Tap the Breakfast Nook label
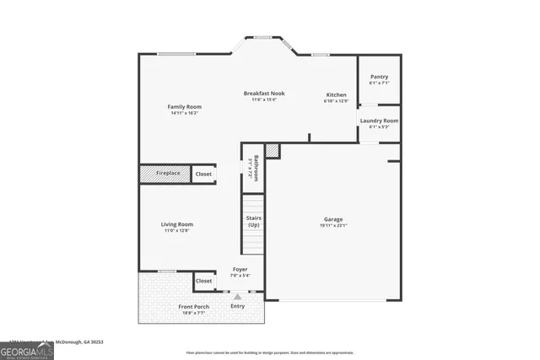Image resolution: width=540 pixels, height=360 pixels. pyautogui.click(x=264, y=93)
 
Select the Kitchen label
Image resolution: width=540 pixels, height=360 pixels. pyautogui.click(x=336, y=94)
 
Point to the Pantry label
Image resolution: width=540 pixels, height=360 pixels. pyautogui.click(x=379, y=77)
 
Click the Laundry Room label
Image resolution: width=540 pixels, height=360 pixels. pyautogui.click(x=379, y=121)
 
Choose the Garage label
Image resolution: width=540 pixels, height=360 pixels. pyautogui.click(x=333, y=219)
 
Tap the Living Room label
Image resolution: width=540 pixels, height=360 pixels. pyautogui.click(x=177, y=224)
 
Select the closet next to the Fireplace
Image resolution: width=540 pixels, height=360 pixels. pyautogui.click(x=203, y=174)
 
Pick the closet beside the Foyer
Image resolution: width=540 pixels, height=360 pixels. pyautogui.click(x=203, y=281)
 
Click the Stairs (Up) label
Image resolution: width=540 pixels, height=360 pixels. pyautogui.click(x=253, y=222)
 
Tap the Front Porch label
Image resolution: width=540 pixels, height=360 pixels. pyautogui.click(x=193, y=306)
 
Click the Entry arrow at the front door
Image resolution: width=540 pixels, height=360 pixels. pyautogui.click(x=238, y=297)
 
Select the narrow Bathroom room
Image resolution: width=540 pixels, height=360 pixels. pyautogui.click(x=251, y=167)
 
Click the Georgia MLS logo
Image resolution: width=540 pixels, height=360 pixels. pyautogui.click(x=26, y=348)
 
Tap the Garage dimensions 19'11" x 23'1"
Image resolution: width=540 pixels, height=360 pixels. pyautogui.click(x=333, y=226)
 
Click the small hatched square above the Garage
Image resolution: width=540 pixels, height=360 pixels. pyautogui.click(x=272, y=150)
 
